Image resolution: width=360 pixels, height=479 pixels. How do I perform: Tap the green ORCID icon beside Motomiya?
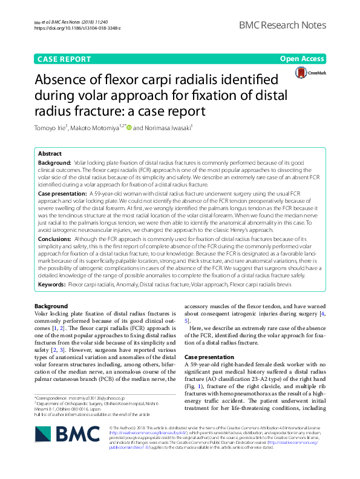pos(129,127)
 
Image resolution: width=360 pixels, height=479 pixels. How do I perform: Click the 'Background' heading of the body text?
pos(51,306)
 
